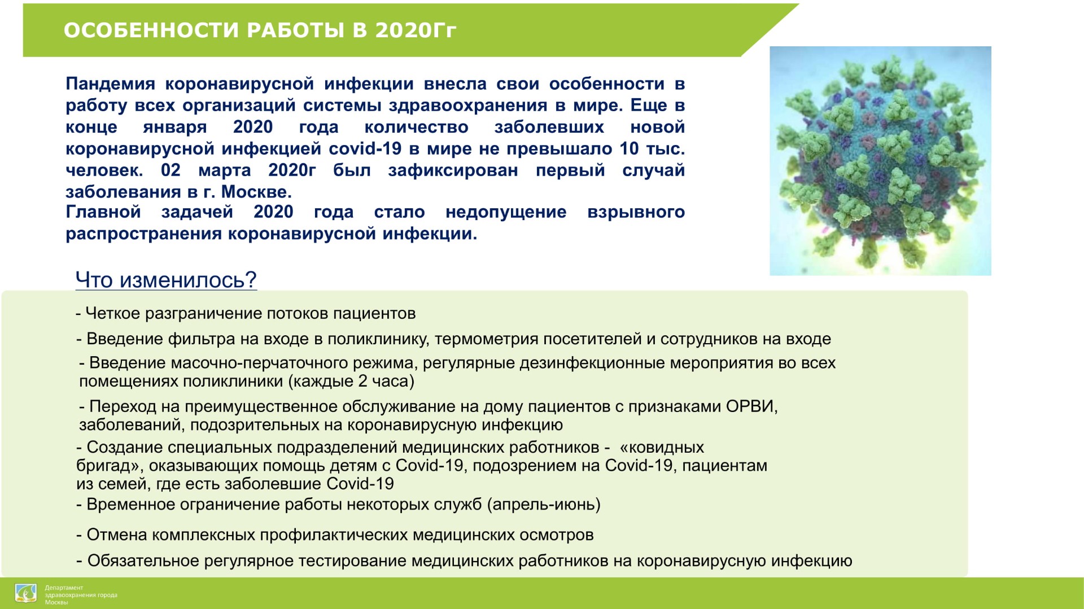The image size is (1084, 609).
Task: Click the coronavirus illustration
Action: coord(880,161)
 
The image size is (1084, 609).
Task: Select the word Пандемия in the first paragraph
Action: coord(110,84)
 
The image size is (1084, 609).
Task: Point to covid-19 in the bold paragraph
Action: coord(365,148)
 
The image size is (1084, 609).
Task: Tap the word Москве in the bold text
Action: coord(256,192)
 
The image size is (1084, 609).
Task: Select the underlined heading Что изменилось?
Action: coord(166,279)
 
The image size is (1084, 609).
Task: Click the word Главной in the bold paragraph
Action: coord(103,212)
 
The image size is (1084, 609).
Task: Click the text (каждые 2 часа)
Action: coord(351,382)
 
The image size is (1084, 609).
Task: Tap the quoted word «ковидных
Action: coord(662,448)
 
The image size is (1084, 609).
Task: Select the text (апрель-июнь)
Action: coord(544,504)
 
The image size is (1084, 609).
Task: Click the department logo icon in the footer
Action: coord(26,594)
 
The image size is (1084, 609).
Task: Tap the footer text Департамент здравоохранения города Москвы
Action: coord(81,595)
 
